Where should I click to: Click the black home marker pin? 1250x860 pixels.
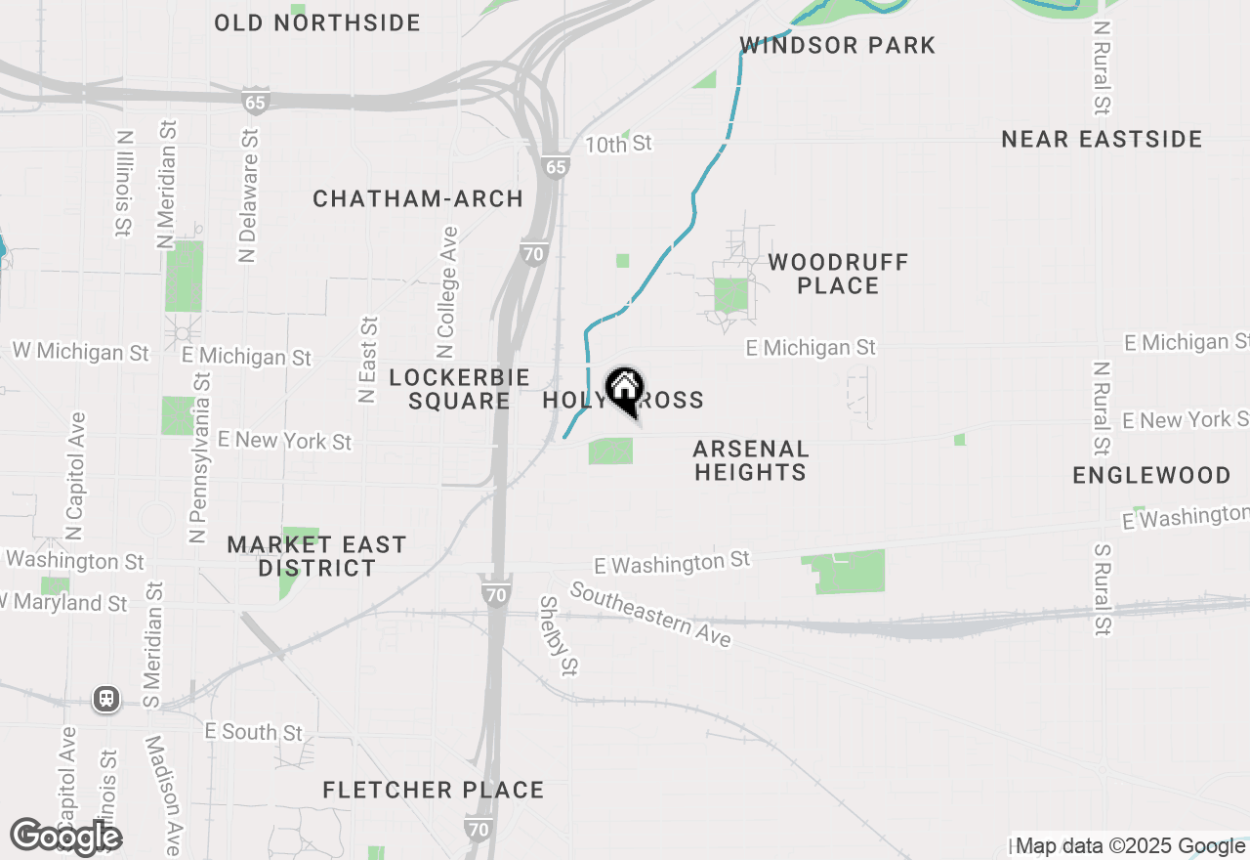624,391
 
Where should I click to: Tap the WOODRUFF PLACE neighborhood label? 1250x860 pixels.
838,274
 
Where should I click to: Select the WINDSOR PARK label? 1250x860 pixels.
838,45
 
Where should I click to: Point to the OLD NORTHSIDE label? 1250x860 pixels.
317,22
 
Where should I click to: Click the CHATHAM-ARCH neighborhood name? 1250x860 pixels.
418,198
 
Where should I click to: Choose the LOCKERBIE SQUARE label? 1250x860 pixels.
459,389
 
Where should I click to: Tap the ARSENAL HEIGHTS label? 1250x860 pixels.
750,460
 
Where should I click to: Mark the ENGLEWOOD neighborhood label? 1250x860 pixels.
1151,475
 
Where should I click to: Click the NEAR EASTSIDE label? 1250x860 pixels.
1102,140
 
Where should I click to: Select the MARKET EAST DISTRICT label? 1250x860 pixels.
316,556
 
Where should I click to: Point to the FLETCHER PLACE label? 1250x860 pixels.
434,790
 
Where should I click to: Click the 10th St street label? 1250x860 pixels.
618,145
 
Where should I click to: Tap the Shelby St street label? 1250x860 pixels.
559,636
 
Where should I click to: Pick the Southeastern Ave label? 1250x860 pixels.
650,614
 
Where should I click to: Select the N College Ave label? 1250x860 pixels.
447,292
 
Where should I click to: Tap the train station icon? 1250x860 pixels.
106,699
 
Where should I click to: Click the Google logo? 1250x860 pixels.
65,837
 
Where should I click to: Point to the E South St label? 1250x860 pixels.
254,732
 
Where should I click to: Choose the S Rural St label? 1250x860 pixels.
1102,590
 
